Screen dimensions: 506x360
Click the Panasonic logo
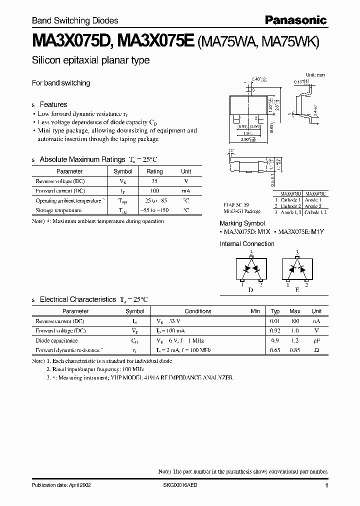(x=295, y=20)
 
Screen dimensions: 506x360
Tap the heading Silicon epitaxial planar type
(x=90, y=60)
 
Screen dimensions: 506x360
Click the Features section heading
(x=53, y=104)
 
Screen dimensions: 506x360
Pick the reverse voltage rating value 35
(x=154, y=181)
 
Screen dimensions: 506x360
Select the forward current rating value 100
(x=154, y=191)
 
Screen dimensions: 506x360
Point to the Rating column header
(x=154, y=171)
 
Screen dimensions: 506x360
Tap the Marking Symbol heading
(x=242, y=223)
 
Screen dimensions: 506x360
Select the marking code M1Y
(x=319, y=232)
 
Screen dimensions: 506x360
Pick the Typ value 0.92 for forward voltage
(x=275, y=330)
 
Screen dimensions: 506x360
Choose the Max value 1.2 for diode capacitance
(x=295, y=340)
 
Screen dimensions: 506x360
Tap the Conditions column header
(x=198, y=311)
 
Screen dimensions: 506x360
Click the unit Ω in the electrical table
(x=316, y=350)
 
